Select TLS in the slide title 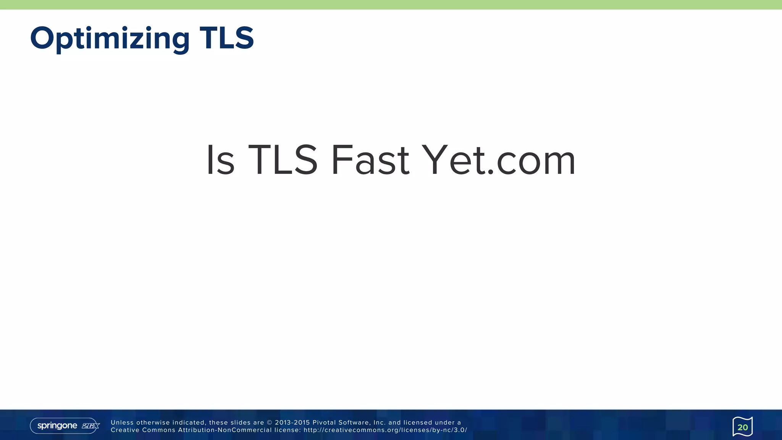(227, 38)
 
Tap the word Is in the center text (220, 160)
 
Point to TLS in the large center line (283, 160)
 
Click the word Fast (370, 160)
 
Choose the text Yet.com (499, 160)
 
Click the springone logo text (57, 426)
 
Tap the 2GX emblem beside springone (90, 426)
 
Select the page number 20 (742, 427)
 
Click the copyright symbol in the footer (269, 423)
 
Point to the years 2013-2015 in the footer (292, 423)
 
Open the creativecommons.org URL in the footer (385, 430)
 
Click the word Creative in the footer (124, 430)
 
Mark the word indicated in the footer (189, 423)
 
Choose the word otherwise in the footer (153, 423)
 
